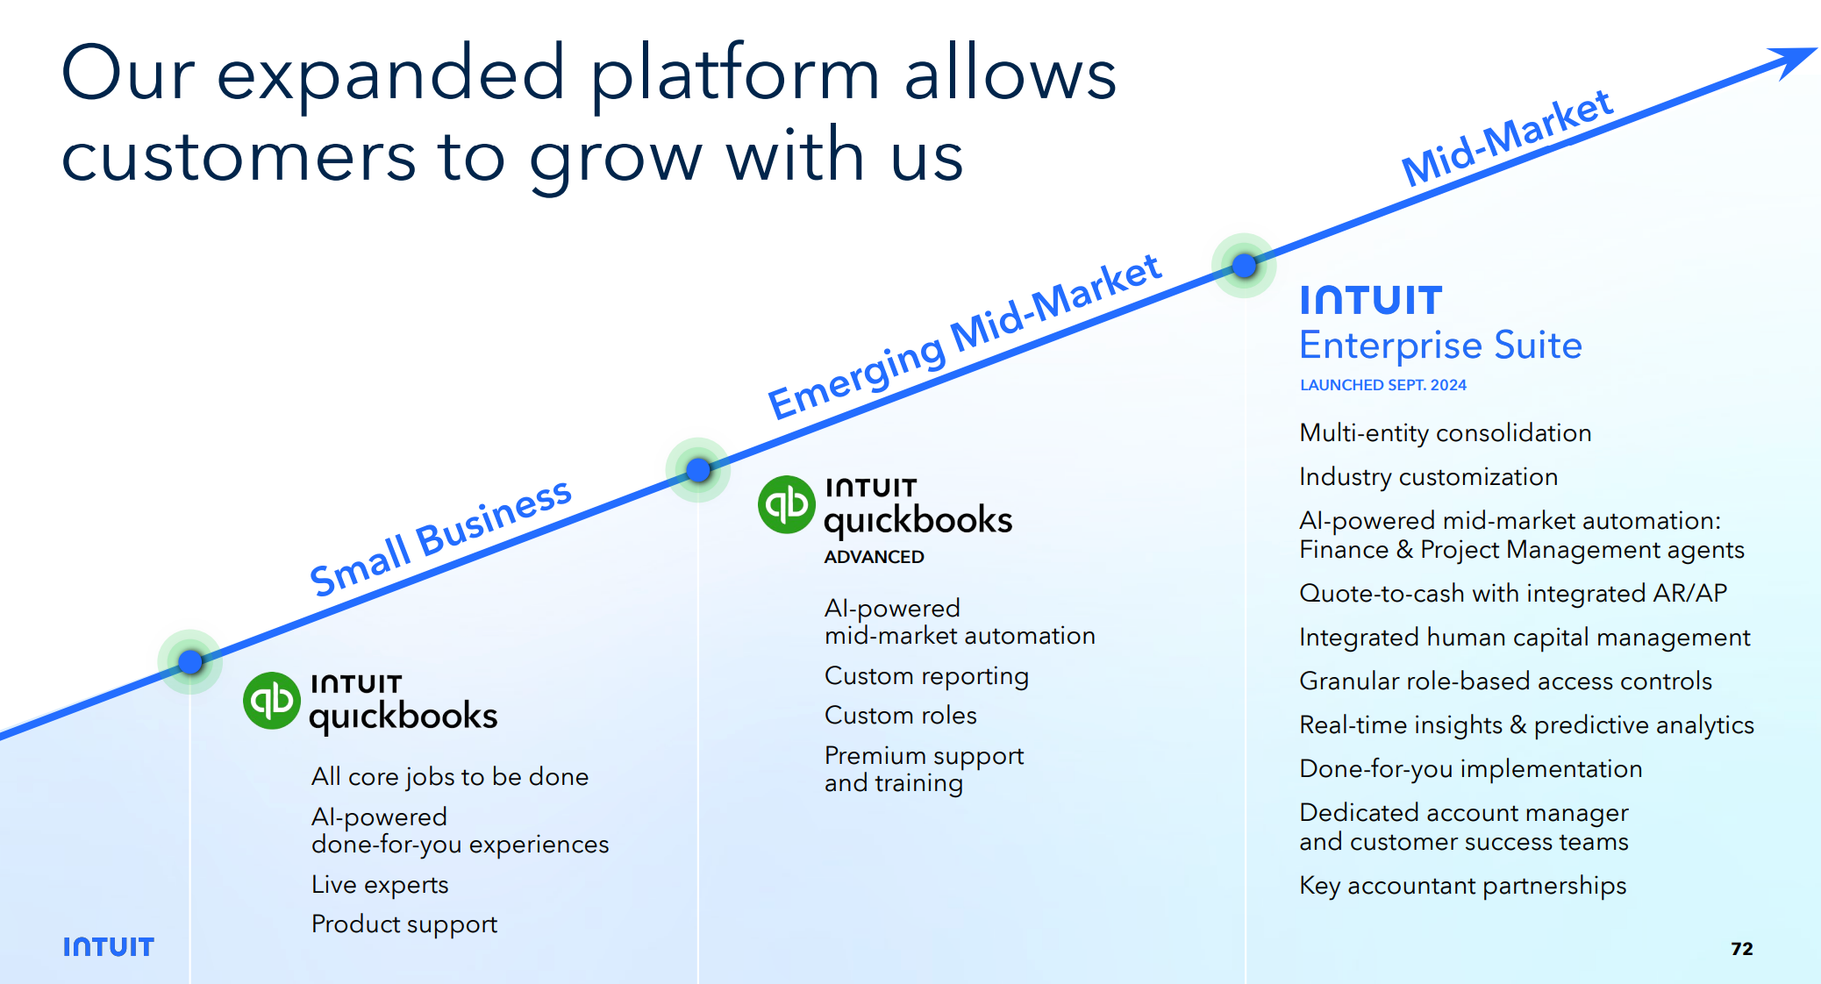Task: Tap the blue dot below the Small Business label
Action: [x=189, y=662]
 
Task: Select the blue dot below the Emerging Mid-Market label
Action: [x=698, y=470]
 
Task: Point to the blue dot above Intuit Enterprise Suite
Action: [x=1244, y=265]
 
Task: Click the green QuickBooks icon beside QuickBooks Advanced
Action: [x=787, y=504]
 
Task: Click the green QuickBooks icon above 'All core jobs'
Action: [x=272, y=701]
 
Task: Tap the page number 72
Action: [x=1742, y=948]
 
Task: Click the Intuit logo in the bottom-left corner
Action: [x=109, y=947]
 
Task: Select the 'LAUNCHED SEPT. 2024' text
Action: [x=1383, y=385]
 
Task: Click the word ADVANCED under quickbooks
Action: [x=875, y=557]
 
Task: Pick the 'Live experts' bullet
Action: [x=380, y=885]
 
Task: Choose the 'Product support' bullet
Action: [x=404, y=924]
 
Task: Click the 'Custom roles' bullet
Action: [x=901, y=716]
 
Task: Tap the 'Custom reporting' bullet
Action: [x=927, y=676]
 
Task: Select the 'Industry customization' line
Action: [x=1429, y=477]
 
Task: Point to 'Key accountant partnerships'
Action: [x=1463, y=886]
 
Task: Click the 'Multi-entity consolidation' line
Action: [x=1446, y=433]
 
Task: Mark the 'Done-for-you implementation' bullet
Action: [x=1471, y=769]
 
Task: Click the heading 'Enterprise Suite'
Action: [x=1441, y=346]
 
